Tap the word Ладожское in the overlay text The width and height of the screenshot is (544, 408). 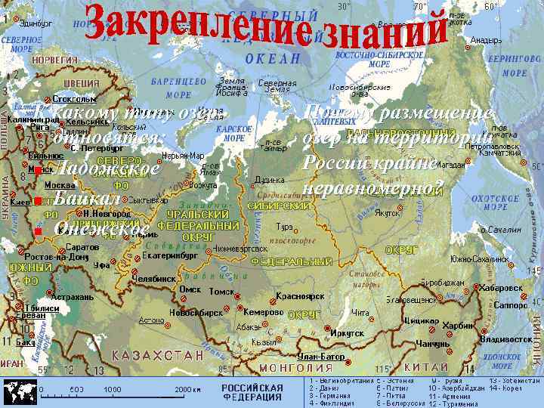tap(107, 168)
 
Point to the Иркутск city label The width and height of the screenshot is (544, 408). tap(347, 332)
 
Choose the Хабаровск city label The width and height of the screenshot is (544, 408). tap(501, 288)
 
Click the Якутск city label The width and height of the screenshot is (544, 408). tap(387, 213)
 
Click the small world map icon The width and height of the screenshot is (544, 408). tap(20, 391)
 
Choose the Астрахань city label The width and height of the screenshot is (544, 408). tap(72, 297)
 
